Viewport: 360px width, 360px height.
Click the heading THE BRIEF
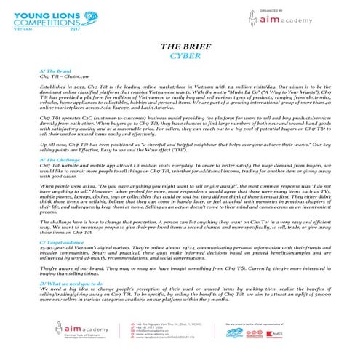pos(180,48)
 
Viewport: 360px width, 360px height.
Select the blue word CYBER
pos(180,57)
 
